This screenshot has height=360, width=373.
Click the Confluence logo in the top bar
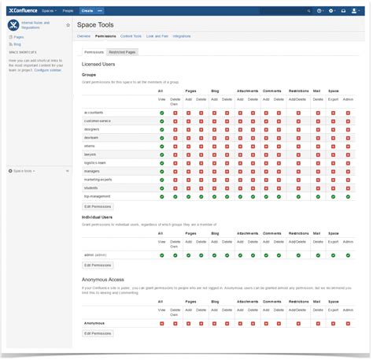point(24,11)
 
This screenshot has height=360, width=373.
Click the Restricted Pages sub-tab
point(121,52)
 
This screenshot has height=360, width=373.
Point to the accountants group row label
point(94,112)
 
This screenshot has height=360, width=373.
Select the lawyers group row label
point(90,154)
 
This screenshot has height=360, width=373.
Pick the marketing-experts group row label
point(98,179)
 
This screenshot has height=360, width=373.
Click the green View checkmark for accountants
point(161,112)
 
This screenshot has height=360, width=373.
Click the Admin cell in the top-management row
point(349,196)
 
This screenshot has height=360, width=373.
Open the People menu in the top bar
point(68,11)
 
